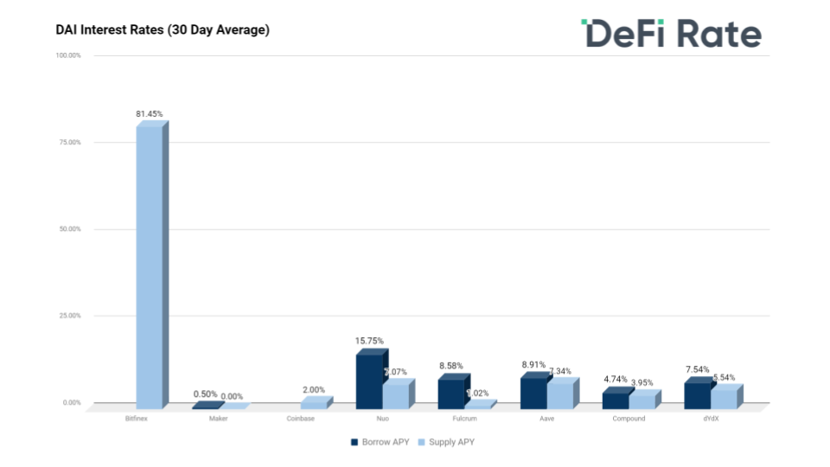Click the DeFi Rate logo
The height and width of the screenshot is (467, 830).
671,34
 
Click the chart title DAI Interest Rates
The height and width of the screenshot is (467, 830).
163,30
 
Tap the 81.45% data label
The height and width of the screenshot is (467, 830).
149,114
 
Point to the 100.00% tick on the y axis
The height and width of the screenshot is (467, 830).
68,55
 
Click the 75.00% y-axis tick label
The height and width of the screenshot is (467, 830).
68,143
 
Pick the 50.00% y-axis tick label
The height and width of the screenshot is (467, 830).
68,229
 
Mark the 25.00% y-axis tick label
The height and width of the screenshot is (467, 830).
68,316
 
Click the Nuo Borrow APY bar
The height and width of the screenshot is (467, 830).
369,381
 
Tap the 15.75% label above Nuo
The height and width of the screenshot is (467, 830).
369,341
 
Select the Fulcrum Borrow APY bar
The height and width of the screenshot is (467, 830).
450,393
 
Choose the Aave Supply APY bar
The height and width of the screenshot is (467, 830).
559,395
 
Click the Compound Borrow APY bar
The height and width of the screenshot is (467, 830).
616,400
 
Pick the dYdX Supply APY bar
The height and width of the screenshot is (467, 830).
724,399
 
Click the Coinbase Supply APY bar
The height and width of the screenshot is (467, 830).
313,404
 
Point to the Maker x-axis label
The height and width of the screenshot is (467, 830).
218,419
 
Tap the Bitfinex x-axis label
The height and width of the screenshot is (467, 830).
136,419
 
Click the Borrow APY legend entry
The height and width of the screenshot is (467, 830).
378,442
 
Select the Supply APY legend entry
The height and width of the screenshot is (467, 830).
446,442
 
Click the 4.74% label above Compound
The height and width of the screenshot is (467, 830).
616,380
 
